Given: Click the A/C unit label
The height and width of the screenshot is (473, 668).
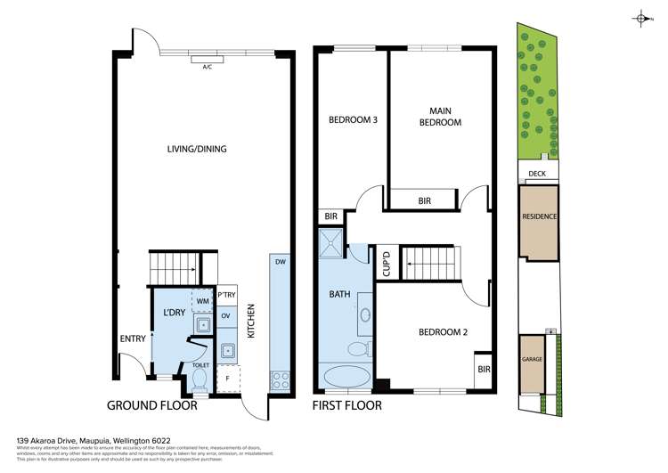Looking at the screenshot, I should click(207, 67).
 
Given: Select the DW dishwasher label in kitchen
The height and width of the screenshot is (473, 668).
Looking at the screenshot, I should click(280, 262).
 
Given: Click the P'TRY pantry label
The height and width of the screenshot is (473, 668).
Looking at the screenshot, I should click(227, 295).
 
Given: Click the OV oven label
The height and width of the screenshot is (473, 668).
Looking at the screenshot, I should click(226, 316).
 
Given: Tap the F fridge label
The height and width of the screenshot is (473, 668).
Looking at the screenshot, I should click(226, 378).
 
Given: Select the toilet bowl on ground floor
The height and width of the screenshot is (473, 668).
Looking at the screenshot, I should click(200, 379).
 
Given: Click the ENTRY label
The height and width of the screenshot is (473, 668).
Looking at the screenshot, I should click(134, 338).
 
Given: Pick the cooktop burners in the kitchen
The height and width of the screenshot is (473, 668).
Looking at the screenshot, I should click(280, 379).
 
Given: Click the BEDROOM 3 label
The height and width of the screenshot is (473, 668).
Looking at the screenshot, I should click(354, 119).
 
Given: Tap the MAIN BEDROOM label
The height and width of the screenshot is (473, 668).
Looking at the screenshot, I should click(440, 117).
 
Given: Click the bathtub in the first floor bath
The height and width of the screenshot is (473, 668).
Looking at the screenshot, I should click(346, 376).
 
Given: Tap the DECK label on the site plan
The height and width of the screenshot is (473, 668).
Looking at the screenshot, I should click(537, 175).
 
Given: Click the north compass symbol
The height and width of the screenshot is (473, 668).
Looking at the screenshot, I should click(642, 18).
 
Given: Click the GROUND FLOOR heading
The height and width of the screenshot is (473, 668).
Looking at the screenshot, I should click(151, 405).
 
